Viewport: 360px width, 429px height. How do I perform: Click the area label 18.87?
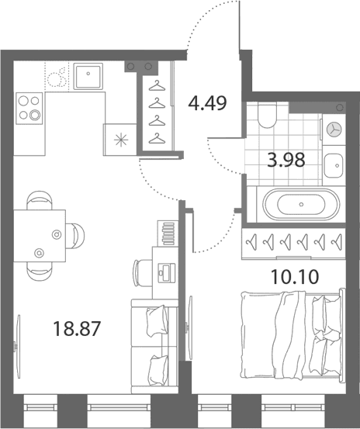click(77, 329)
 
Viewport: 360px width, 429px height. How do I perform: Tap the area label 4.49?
click(208, 103)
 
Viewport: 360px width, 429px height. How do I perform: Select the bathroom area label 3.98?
click(286, 160)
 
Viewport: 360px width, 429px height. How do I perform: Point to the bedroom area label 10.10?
click(295, 277)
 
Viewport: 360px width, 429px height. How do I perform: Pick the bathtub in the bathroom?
click(301, 204)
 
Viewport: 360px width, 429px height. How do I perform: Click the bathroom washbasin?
click(334, 165)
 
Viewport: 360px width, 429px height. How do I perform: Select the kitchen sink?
click(88, 76)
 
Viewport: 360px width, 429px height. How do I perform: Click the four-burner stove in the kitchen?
click(29, 109)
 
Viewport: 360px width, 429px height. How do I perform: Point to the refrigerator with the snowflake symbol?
click(120, 140)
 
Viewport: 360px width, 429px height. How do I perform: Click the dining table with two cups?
click(40, 236)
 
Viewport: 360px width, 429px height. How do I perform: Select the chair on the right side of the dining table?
click(75, 236)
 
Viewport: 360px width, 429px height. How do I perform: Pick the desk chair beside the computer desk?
click(142, 273)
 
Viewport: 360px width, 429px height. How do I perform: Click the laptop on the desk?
click(166, 272)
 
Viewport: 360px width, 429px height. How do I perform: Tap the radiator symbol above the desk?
click(168, 234)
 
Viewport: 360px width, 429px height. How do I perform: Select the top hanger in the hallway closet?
click(157, 86)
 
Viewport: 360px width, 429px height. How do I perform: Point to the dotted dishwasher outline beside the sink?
click(57, 76)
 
